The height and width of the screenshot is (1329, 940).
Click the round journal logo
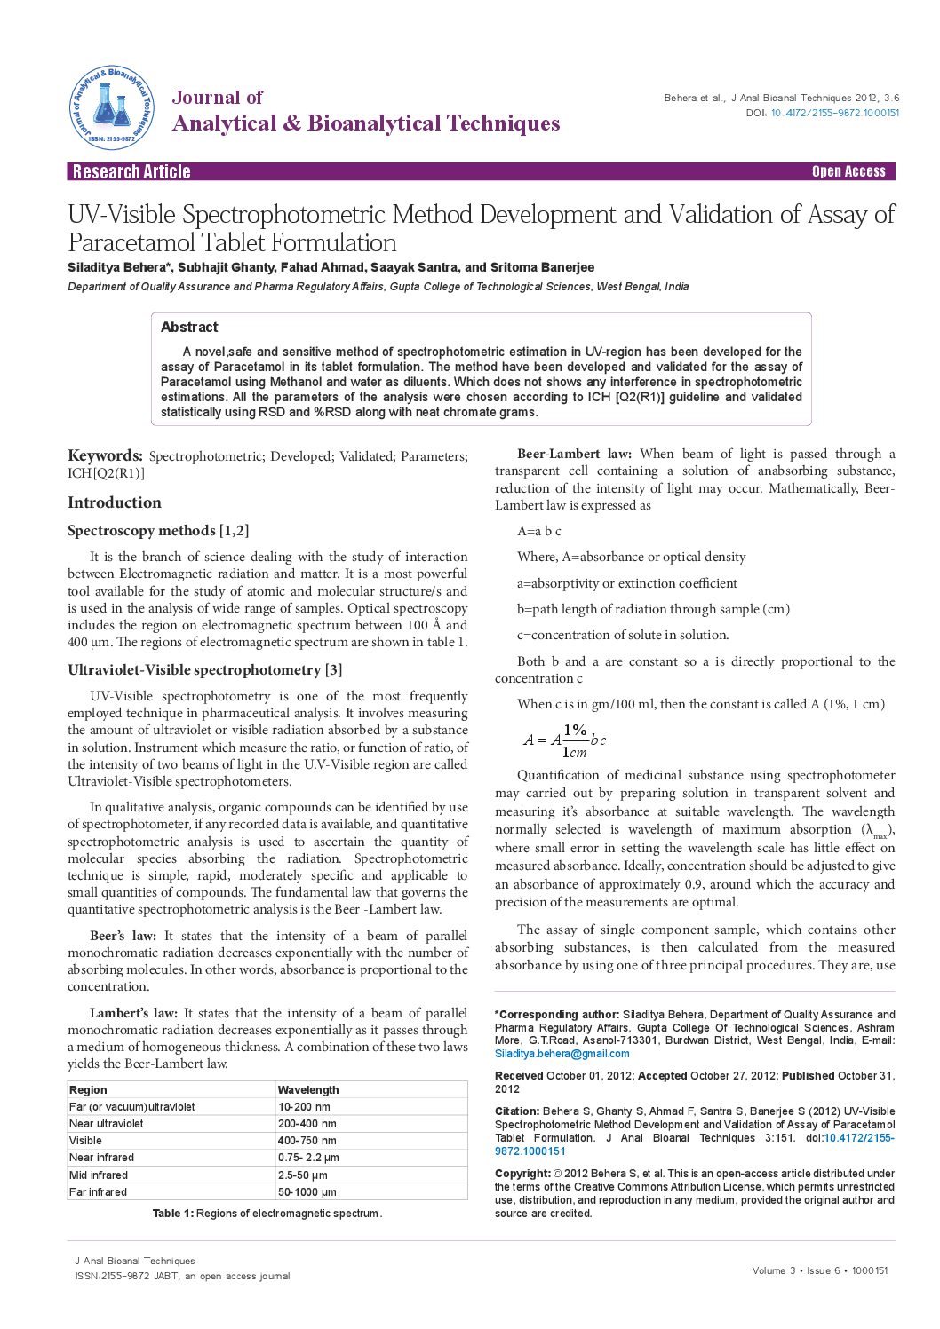(x=112, y=107)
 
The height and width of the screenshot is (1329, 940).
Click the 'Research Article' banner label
(x=131, y=171)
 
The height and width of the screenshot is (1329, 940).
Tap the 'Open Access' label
(x=848, y=171)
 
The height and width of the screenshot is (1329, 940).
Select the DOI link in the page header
(x=834, y=113)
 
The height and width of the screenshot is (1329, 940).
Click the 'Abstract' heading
(x=189, y=327)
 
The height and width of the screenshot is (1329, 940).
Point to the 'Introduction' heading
(x=115, y=502)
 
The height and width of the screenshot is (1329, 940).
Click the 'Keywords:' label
(x=105, y=455)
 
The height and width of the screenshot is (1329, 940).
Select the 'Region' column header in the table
(x=88, y=1089)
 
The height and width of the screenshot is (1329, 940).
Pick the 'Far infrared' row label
(x=98, y=1191)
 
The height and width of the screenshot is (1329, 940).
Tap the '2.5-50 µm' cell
(x=302, y=1175)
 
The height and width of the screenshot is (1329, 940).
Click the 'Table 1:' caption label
(x=172, y=1213)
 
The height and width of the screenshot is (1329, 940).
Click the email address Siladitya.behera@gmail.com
(x=562, y=1054)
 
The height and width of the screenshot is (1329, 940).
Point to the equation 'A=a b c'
(x=539, y=531)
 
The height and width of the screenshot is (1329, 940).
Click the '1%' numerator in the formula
(x=575, y=730)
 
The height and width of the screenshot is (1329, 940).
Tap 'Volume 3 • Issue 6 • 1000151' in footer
(x=819, y=1270)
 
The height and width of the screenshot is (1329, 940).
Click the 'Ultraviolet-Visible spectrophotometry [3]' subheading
(x=204, y=670)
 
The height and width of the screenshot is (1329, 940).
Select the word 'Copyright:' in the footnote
(x=522, y=1173)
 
